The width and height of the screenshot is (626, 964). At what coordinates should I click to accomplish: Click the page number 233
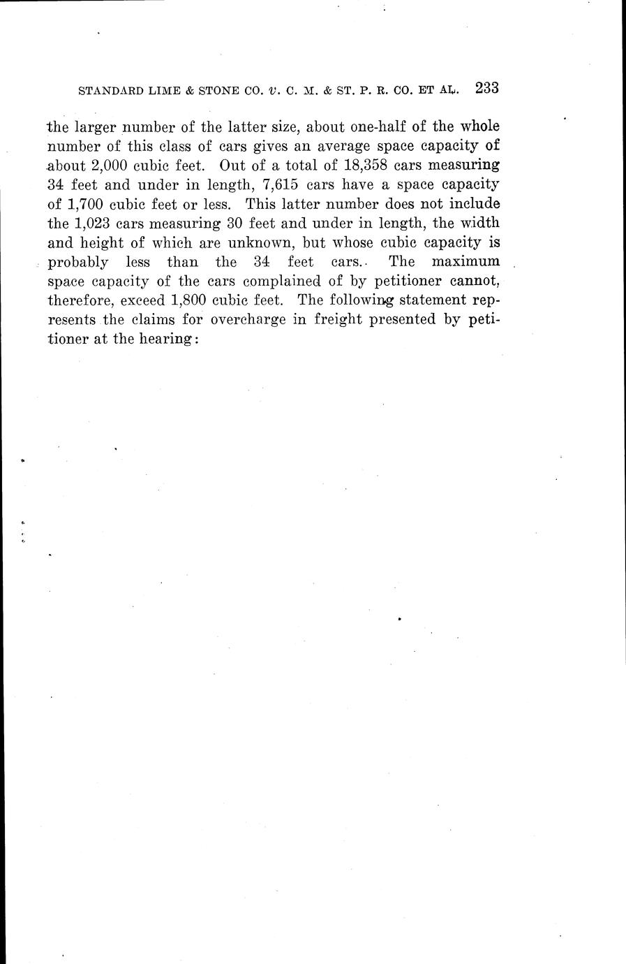[x=485, y=89]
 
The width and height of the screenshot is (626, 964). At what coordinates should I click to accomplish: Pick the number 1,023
[x=94, y=224]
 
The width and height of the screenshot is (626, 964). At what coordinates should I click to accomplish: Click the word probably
[x=77, y=263]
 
